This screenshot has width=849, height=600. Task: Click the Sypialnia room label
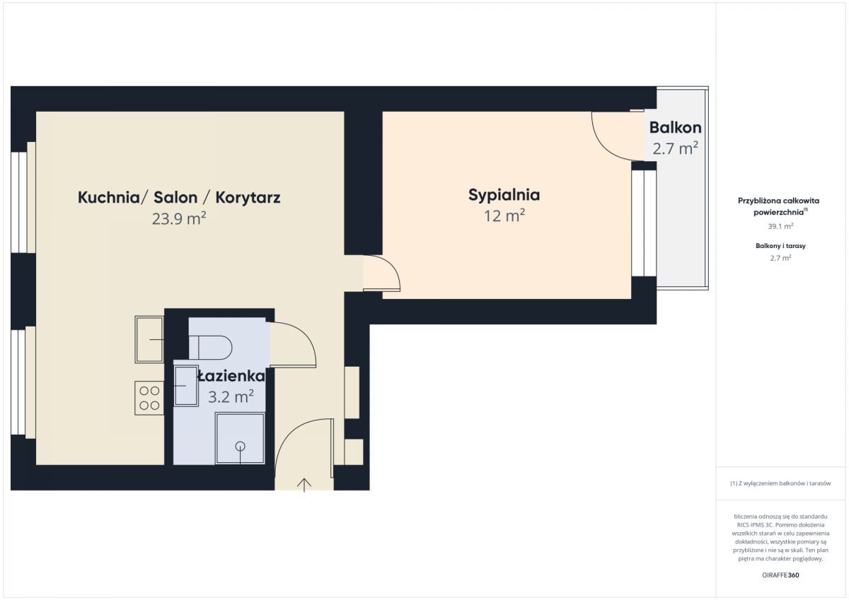click(504, 195)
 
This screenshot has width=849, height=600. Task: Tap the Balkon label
click(675, 128)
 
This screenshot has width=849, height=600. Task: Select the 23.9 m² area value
click(179, 218)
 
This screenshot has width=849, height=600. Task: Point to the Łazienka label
click(231, 376)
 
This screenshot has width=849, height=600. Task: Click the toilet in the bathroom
click(210, 347)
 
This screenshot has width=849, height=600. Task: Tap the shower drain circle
click(240, 447)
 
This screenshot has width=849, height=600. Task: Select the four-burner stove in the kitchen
click(149, 398)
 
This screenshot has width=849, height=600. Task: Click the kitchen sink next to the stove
click(149, 339)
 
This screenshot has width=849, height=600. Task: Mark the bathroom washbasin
click(186, 386)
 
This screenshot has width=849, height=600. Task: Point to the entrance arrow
click(304, 485)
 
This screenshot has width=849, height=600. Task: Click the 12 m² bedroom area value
click(504, 216)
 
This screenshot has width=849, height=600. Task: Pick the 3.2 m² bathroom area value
click(231, 396)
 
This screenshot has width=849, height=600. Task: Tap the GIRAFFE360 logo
click(780, 575)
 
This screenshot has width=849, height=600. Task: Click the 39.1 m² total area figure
click(780, 226)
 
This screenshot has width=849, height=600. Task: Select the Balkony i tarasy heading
click(780, 246)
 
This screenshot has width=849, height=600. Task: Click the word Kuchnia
click(109, 198)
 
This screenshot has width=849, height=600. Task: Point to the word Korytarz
click(248, 198)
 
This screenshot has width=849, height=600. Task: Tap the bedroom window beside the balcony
click(644, 223)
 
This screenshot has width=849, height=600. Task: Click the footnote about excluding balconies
click(780, 483)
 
